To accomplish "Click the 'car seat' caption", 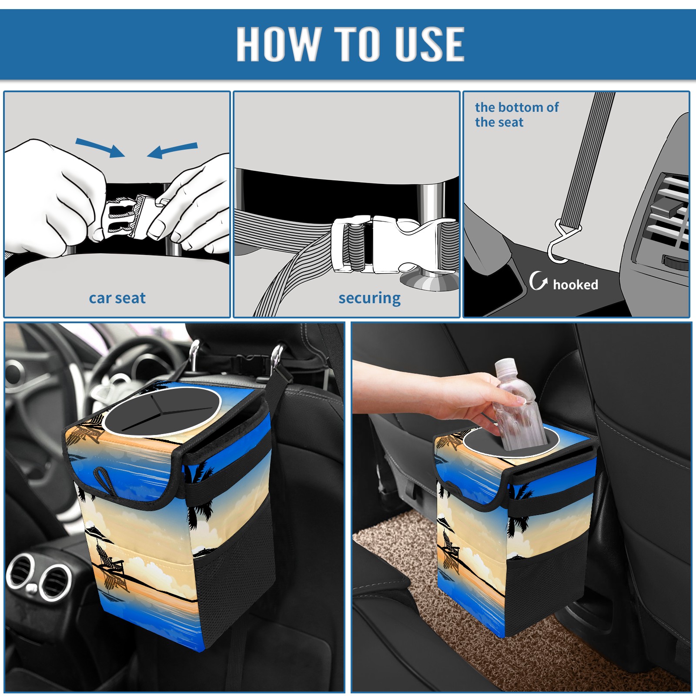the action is pyautogui.click(x=117, y=298).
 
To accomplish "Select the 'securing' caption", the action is pyautogui.click(x=369, y=298).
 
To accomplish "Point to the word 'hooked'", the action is pyautogui.click(x=576, y=284).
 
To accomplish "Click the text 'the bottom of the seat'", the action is pyautogui.click(x=516, y=114).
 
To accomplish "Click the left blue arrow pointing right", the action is pyautogui.click(x=100, y=148).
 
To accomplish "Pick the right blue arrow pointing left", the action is pyautogui.click(x=172, y=151).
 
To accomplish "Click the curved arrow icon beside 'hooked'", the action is pyautogui.click(x=538, y=281).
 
